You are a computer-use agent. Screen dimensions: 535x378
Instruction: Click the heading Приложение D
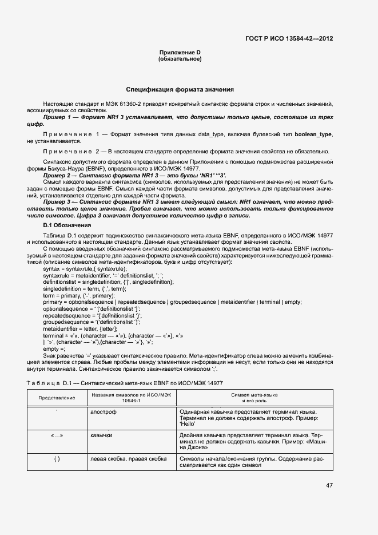pos(180,53)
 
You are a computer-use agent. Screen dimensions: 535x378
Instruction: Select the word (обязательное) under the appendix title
pos(180,59)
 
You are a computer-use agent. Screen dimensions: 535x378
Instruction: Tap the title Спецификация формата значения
pos(180,90)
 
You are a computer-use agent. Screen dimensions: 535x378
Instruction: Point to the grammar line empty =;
pos(54,348)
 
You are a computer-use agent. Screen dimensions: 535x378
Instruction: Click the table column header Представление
pos(57,397)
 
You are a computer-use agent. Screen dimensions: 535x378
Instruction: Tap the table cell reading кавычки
pos(101,435)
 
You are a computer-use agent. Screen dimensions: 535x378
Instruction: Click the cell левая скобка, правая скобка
pos(128,458)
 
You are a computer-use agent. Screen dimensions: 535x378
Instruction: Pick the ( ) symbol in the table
pos(57,459)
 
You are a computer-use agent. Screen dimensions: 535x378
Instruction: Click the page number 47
pos(329,485)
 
